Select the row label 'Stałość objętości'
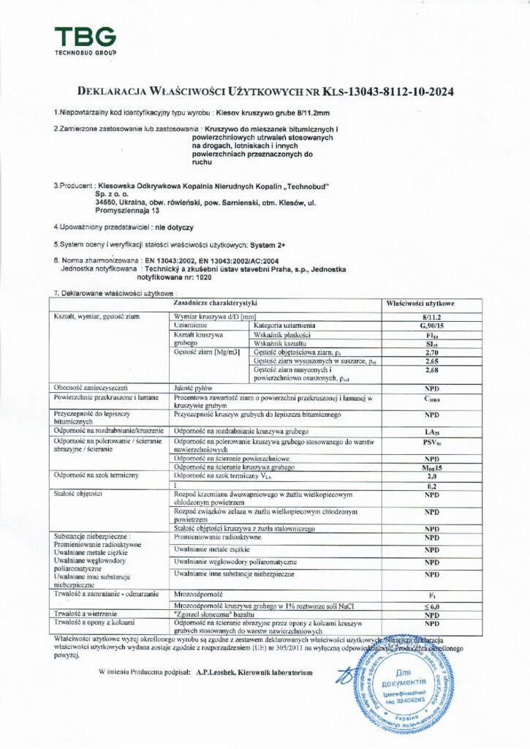click(x=71, y=496)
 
